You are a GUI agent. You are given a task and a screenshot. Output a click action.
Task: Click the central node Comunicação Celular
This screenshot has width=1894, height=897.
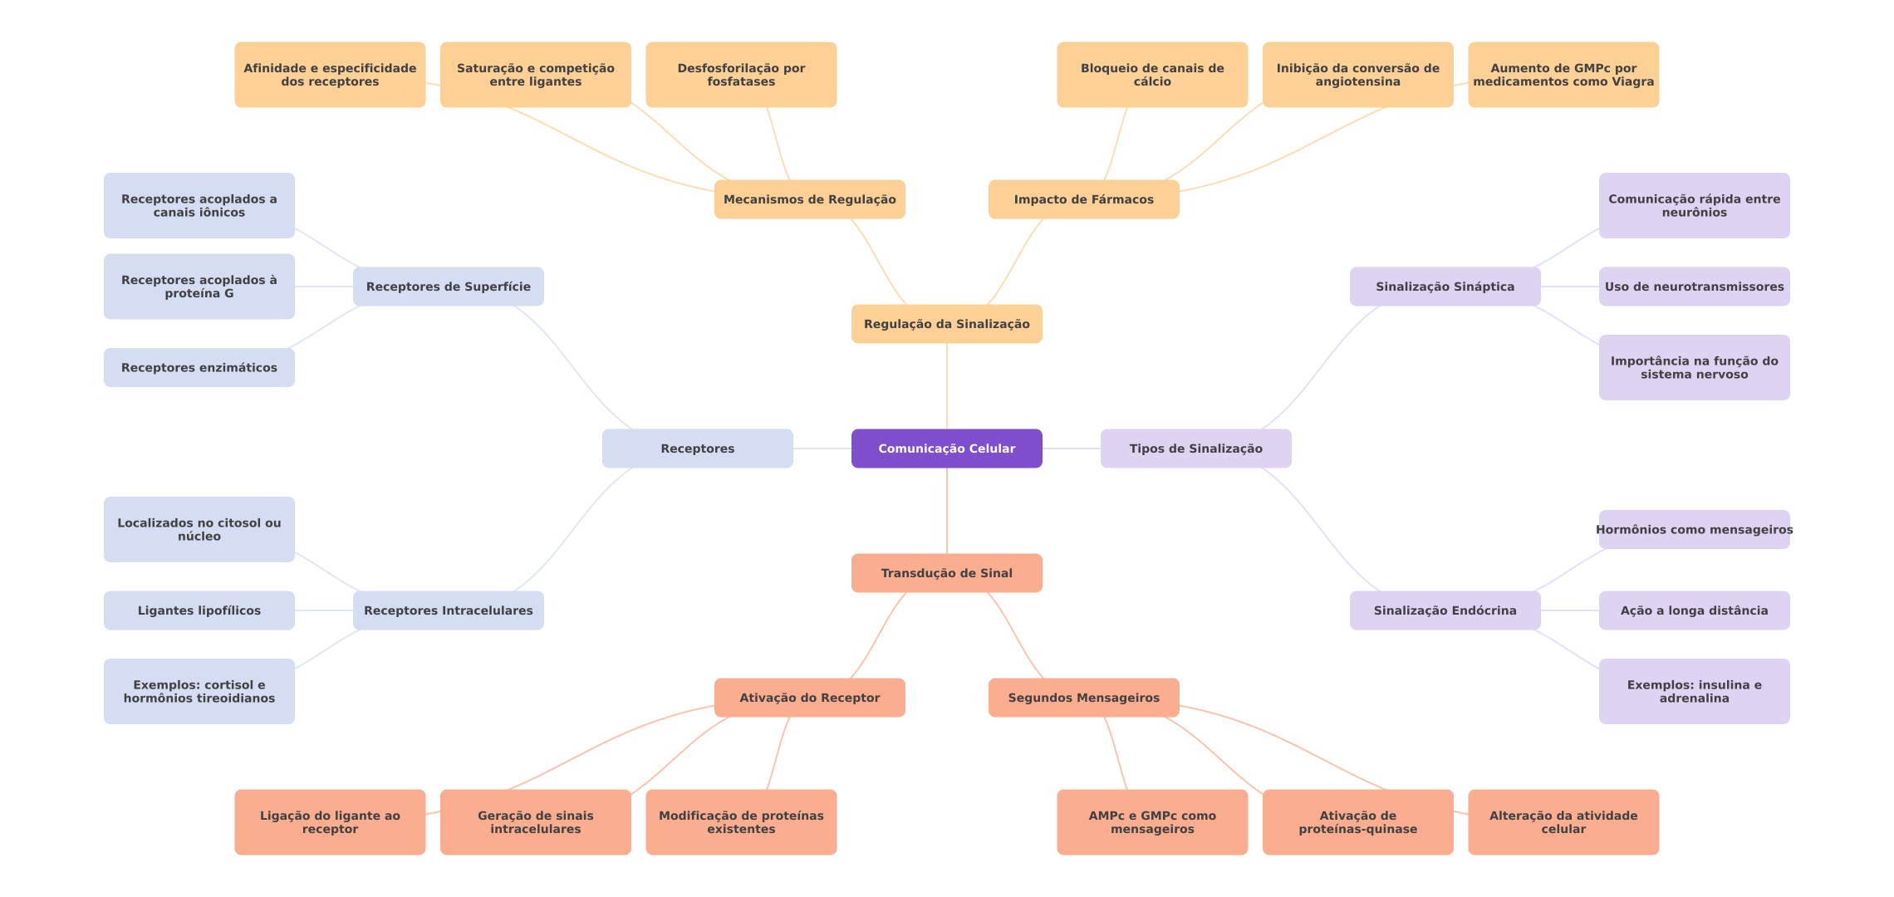point(946,448)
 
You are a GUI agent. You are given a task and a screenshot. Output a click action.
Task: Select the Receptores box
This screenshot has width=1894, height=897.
point(697,448)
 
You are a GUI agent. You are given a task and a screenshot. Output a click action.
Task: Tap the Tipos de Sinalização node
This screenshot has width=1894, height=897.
point(1195,448)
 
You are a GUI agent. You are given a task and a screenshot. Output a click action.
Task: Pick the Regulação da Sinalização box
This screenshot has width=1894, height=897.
point(946,324)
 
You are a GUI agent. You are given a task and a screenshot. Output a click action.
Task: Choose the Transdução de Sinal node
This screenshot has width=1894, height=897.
point(946,573)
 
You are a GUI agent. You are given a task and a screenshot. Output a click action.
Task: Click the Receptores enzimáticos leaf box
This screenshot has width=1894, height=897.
point(199,367)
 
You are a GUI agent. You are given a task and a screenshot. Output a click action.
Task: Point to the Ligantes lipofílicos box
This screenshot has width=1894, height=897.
point(199,610)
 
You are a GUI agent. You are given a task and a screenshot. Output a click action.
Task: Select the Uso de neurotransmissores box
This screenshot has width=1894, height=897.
point(1694,287)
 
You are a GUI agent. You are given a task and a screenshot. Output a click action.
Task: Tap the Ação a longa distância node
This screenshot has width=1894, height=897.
point(1694,610)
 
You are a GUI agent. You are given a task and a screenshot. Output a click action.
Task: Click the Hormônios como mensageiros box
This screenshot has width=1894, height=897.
point(1694,529)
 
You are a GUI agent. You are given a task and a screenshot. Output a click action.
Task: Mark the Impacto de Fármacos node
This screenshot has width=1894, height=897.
point(1083,199)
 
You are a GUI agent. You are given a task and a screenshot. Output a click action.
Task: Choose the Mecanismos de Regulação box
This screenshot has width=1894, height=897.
point(809,199)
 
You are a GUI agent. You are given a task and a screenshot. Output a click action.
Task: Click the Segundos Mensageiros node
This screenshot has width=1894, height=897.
point(1083,698)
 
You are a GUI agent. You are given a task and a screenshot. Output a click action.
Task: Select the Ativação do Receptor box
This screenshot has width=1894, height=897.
point(809,698)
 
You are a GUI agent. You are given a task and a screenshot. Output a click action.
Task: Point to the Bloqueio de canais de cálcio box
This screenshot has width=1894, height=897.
point(1151,75)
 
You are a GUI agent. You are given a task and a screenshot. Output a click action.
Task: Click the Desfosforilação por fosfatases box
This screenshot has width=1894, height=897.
point(741,75)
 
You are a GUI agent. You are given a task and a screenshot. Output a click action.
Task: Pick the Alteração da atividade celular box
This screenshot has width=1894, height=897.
point(1563,822)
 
